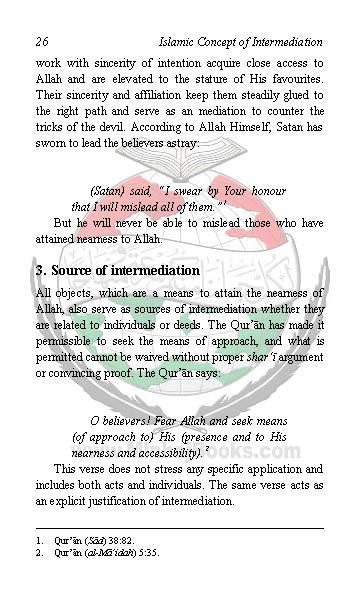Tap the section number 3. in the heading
coord(41,271)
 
